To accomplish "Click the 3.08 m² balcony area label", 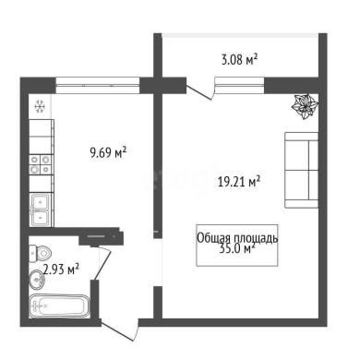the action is tap(239, 59).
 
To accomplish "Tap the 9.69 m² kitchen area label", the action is tap(108, 152).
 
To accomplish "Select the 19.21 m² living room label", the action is tap(239, 182).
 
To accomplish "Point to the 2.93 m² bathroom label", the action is tap(62, 270).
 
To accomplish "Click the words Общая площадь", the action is tap(237, 238).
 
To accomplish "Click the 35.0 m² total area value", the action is tap(237, 248).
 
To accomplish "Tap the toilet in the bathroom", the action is tap(40, 254).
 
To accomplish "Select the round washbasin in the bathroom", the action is tap(37, 280).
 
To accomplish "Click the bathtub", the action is tap(59, 306).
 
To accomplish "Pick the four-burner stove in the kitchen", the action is tap(40, 164).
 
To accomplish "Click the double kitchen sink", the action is tap(42, 210).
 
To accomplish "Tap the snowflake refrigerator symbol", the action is tap(40, 106).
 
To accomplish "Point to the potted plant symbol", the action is tap(305, 107).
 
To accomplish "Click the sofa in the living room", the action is tap(302, 170).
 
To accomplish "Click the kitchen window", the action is tap(98, 85).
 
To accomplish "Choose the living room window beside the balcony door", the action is tap(239, 85).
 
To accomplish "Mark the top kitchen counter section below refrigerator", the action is tap(41, 128).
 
